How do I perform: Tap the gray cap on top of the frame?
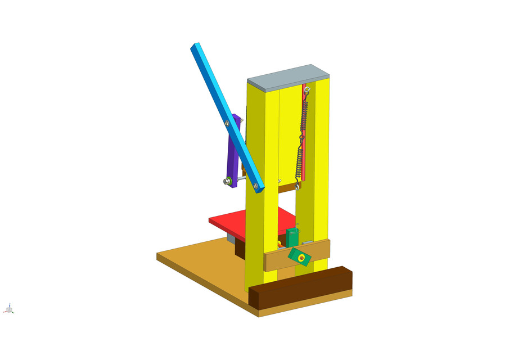(287, 76)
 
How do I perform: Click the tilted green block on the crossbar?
(300, 256)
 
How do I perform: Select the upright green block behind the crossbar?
(292, 237)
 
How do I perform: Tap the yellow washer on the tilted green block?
(302, 258)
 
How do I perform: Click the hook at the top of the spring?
(306, 90)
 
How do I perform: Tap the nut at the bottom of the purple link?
(228, 181)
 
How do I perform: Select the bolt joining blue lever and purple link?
(226, 123)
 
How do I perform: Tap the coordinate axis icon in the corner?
(10, 309)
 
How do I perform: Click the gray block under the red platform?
(231, 238)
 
